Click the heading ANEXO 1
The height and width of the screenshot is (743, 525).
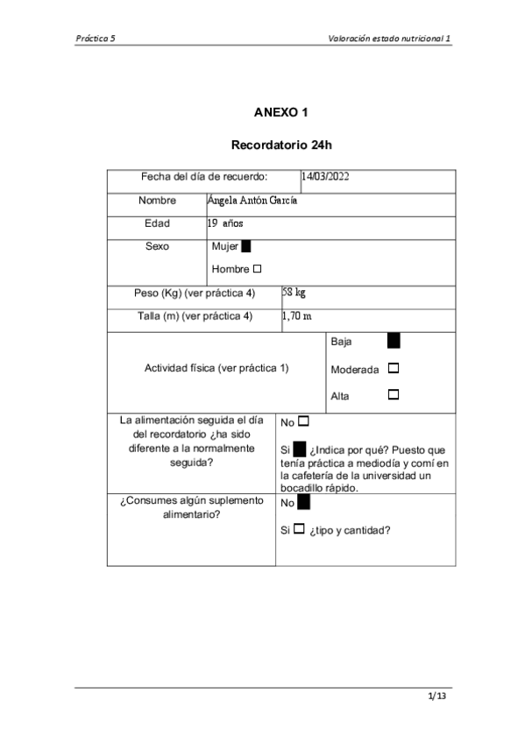pyautogui.click(x=280, y=112)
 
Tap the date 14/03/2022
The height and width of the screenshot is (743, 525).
pyautogui.click(x=325, y=177)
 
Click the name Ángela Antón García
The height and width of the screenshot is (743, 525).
pyautogui.click(x=252, y=200)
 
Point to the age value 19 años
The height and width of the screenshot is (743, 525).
pyautogui.click(x=225, y=223)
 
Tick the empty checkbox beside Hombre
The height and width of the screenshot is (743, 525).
pyautogui.click(x=257, y=268)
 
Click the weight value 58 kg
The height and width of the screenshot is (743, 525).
pyautogui.click(x=294, y=292)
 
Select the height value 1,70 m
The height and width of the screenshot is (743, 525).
pyautogui.click(x=297, y=315)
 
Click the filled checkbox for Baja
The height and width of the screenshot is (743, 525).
pyautogui.click(x=394, y=341)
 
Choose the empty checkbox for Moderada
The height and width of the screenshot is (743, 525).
pyautogui.click(x=393, y=369)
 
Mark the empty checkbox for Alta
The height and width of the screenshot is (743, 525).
pyautogui.click(x=393, y=395)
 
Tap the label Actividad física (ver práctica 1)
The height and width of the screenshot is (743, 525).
pyautogui.click(x=216, y=368)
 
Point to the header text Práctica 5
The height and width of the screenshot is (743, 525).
pyautogui.click(x=96, y=39)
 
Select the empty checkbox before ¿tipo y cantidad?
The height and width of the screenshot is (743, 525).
pyautogui.click(x=299, y=529)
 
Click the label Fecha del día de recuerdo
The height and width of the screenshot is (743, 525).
pyautogui.click(x=204, y=177)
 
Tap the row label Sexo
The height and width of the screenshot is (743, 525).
pyautogui.click(x=158, y=247)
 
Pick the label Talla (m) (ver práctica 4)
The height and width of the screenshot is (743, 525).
pyautogui.click(x=195, y=316)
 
